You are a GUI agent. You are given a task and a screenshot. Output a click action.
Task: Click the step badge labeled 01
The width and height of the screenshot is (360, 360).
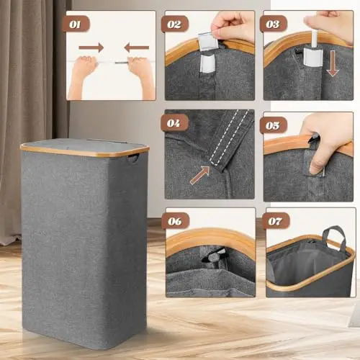tap(76, 24)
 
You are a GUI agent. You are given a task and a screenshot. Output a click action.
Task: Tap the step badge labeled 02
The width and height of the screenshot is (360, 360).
tap(174, 24)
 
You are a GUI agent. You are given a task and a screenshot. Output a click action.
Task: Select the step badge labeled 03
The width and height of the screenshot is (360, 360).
tap(273, 24)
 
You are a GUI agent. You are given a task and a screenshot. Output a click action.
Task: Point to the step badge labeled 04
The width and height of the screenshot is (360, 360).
tap(174, 123)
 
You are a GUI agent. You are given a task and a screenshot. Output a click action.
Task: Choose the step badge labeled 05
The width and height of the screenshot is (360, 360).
tap(273, 125)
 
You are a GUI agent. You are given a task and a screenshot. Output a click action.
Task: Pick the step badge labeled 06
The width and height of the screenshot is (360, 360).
tap(175, 221)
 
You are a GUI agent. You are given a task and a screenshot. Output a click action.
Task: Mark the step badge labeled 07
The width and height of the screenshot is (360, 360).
tap(275, 221)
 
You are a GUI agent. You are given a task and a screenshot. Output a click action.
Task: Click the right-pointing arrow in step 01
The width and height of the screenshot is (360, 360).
tap(91, 48)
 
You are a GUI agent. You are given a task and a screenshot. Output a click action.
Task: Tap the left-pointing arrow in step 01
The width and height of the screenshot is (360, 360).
tap(137, 48)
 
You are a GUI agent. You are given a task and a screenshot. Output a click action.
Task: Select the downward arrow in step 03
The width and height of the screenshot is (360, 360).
tap(333, 63)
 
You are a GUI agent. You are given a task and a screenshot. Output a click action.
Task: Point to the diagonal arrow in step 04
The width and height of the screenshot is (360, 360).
tap(199, 176)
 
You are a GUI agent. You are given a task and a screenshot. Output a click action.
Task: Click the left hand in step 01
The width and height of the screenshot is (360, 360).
tap(83, 77)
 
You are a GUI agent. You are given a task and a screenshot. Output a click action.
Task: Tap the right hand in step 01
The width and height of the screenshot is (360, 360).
tap(142, 77)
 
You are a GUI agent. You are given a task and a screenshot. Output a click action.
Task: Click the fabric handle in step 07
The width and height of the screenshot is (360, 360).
tap(335, 237)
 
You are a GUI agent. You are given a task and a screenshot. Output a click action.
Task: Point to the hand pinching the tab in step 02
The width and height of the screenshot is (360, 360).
tap(233, 27)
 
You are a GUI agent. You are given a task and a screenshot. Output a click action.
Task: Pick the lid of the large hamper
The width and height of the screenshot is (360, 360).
tap(84, 146)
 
